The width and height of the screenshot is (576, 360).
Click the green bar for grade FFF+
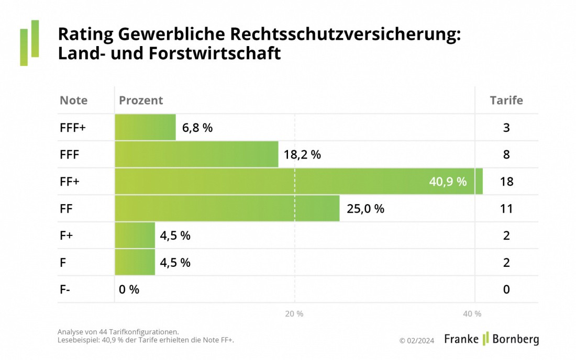coord(146,127)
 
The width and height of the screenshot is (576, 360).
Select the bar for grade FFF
coord(196,154)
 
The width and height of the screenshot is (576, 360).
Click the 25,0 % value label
coord(365,209)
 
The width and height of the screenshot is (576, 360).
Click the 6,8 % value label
coord(197,127)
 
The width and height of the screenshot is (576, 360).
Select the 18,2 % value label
coord(302,154)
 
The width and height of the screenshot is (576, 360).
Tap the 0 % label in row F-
coord(129,289)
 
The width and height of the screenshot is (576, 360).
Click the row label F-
coord(65,289)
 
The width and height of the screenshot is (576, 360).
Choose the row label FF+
coord(70,182)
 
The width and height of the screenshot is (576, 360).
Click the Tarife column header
coord(506,100)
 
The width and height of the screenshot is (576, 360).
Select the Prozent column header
coord(141,100)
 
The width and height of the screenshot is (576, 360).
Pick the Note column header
coord(73,100)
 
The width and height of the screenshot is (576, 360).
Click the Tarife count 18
coord(506,182)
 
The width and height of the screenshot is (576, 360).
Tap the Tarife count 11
coord(506,209)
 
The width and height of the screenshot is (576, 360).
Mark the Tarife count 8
coord(506,154)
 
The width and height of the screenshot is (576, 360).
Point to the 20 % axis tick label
coord(294,313)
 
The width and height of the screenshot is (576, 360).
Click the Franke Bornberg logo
coord(491,339)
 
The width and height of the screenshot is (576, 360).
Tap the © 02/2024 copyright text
coord(417,341)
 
